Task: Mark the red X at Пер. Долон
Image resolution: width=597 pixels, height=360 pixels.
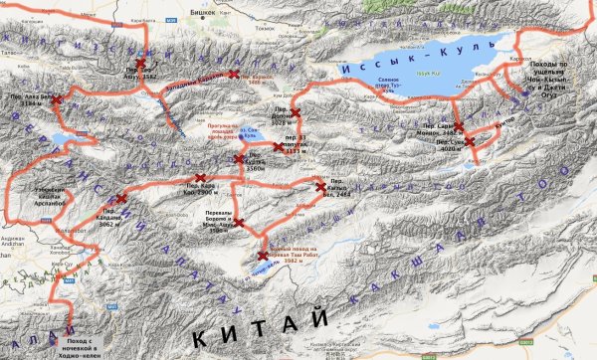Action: (x=293, y=112)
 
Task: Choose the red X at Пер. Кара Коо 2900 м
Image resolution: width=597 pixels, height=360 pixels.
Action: (x=200, y=178)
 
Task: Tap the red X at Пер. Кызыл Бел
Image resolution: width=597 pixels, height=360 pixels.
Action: (x=319, y=186)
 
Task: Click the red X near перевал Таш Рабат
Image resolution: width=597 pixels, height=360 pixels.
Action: (x=263, y=256)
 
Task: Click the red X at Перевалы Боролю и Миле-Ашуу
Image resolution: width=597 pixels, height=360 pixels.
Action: (x=238, y=221)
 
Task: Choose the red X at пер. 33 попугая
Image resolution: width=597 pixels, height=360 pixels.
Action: (x=279, y=147)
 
